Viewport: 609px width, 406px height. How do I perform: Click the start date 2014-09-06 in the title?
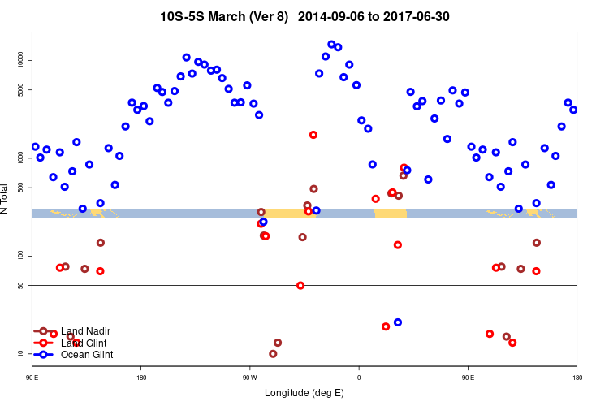[332, 16]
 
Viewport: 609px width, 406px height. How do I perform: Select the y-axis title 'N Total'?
[6, 198]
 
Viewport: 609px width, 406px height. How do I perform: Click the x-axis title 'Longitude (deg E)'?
[304, 393]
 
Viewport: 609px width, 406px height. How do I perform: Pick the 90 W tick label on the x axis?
[249, 377]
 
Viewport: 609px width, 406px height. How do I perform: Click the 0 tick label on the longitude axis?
[359, 377]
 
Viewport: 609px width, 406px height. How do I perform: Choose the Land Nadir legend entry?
[85, 331]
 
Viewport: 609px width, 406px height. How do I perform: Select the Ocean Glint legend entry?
[87, 354]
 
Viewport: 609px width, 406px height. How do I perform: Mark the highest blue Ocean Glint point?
[331, 44]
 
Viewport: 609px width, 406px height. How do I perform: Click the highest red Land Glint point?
[313, 135]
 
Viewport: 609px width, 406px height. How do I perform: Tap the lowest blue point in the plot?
[398, 322]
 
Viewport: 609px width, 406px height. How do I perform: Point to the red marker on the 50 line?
[300, 285]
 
